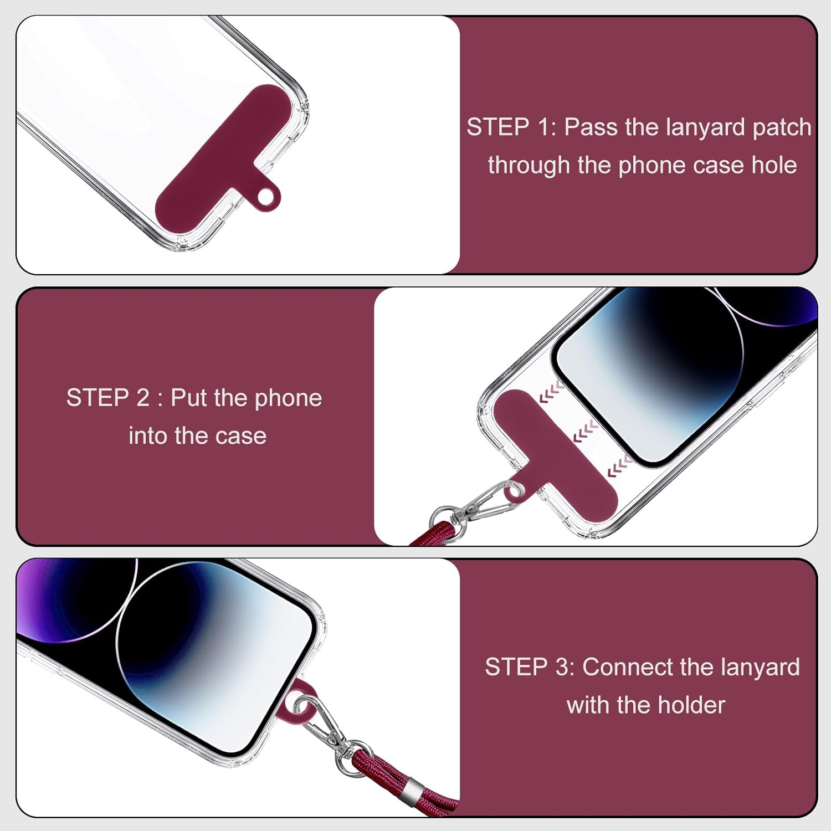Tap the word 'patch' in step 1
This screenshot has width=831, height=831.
point(782,128)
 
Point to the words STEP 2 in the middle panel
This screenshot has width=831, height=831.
point(107,398)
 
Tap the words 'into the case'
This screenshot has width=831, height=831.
point(197,435)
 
